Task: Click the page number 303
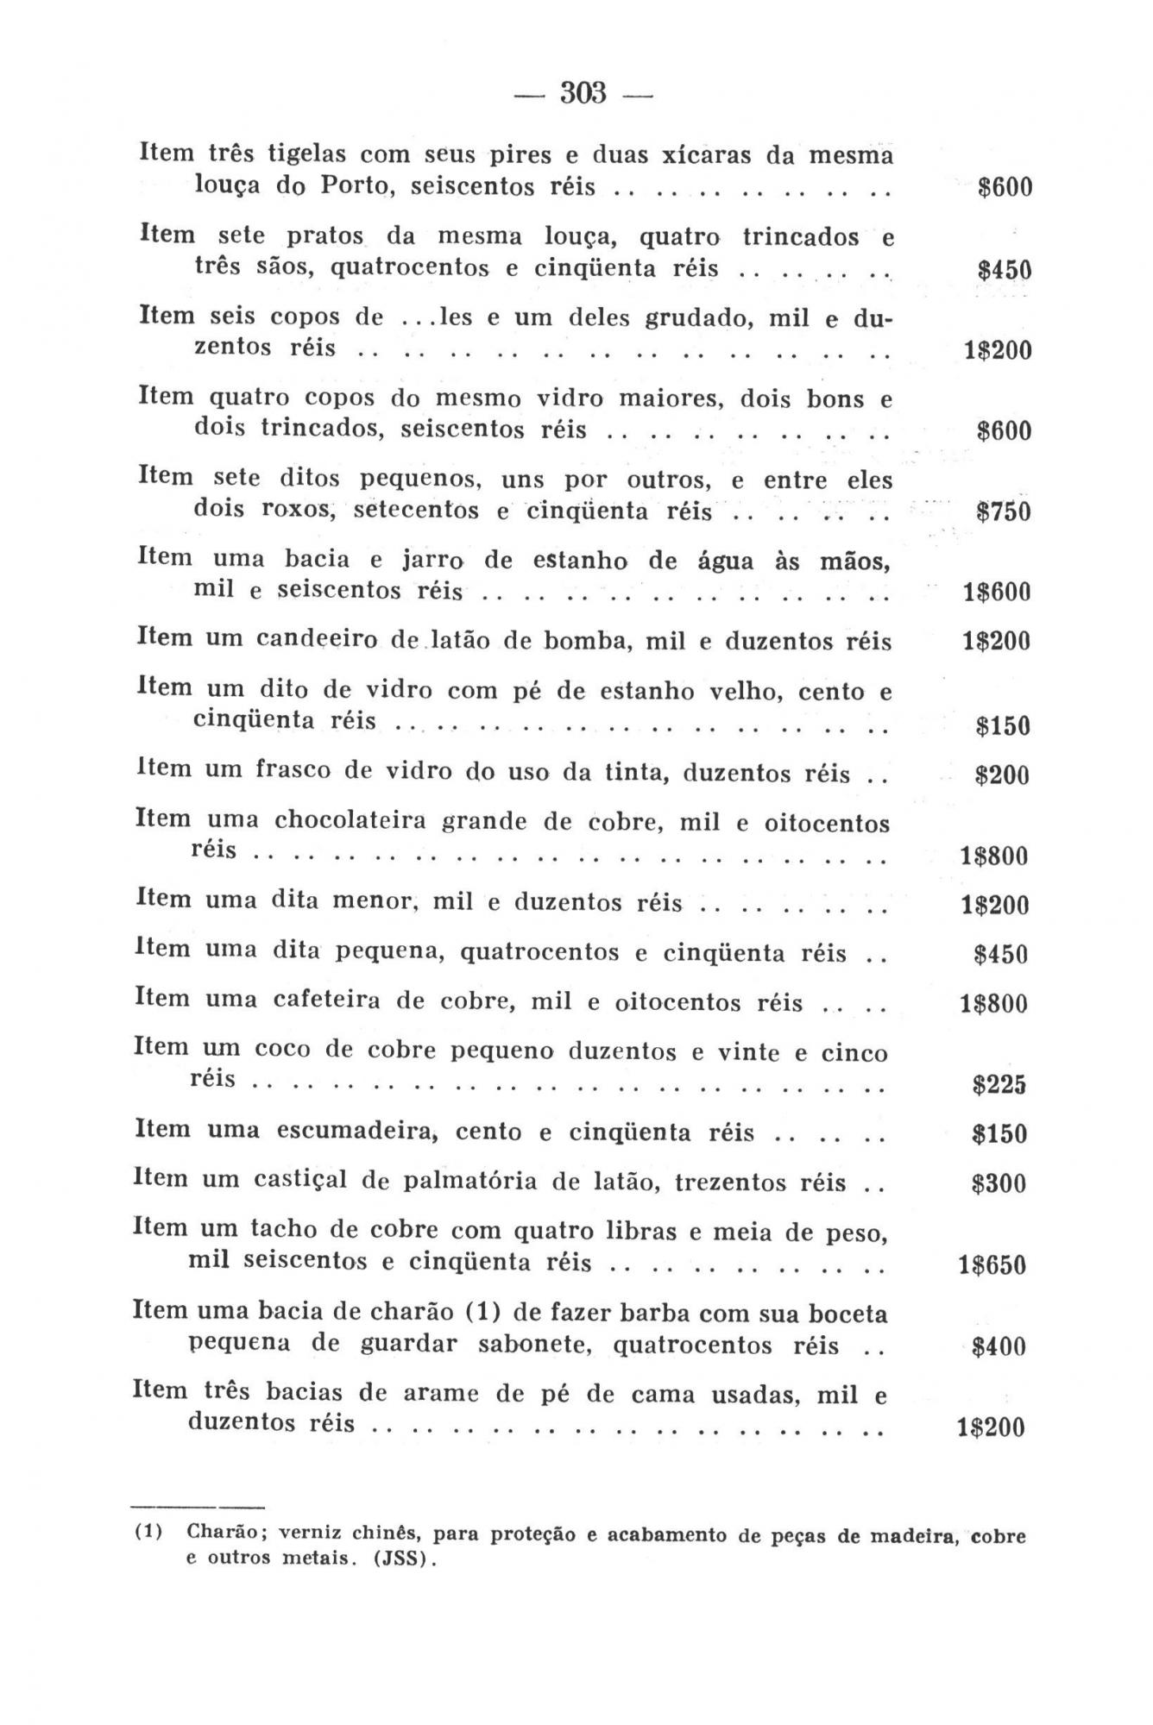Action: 584,92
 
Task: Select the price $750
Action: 1003,512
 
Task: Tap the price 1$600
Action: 996,593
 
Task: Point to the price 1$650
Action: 992,1265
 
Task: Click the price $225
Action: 999,1085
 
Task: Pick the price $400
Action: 999,1346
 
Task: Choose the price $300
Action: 999,1183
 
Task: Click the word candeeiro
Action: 317,639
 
